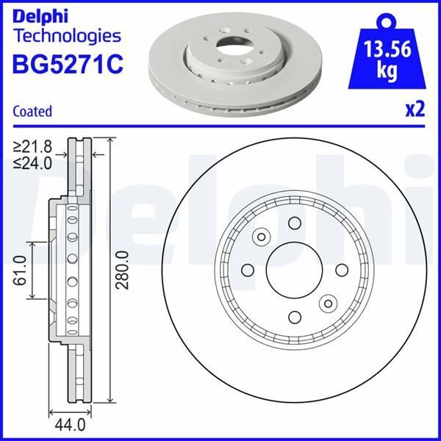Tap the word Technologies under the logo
(x=67, y=35)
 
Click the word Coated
(x=32, y=112)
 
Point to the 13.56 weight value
(x=387, y=52)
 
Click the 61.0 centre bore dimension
(x=21, y=270)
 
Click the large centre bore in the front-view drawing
(x=293, y=270)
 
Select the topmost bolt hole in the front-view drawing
(x=294, y=223)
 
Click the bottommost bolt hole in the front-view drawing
(x=294, y=317)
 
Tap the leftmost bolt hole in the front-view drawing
(x=248, y=270)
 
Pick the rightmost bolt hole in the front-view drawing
(x=341, y=270)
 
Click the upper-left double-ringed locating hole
(x=261, y=237)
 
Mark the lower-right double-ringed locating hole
(x=326, y=303)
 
